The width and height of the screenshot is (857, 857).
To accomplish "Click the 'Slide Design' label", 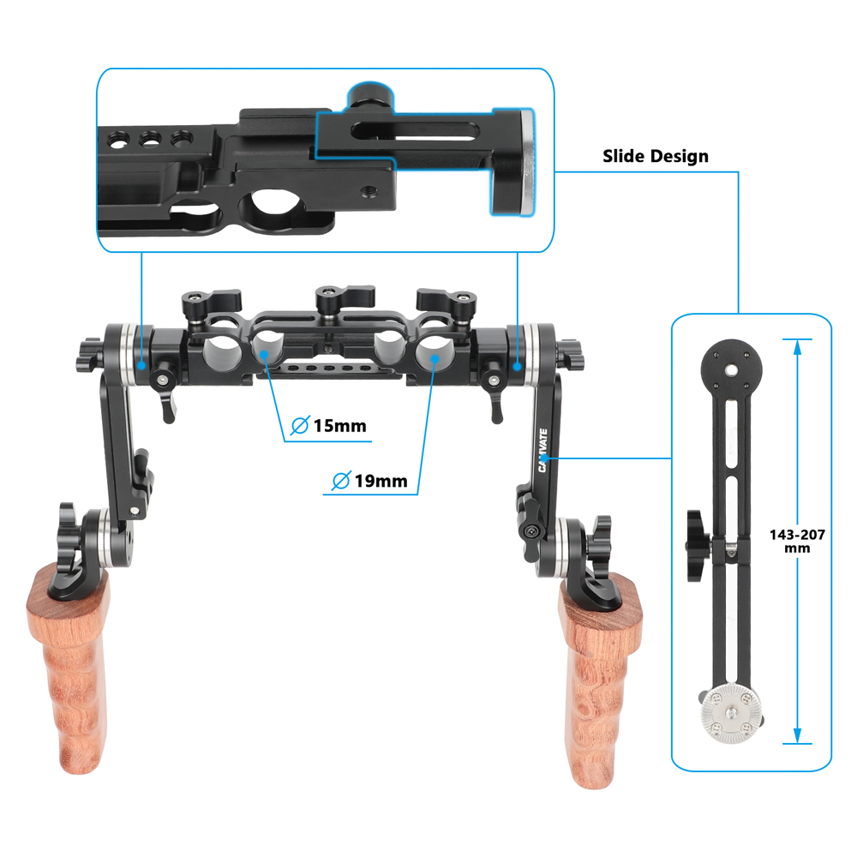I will (656, 156).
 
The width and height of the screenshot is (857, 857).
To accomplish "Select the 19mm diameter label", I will (380, 480).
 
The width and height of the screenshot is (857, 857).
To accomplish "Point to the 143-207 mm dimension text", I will (797, 541).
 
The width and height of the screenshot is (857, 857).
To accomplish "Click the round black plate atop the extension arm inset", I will (730, 369).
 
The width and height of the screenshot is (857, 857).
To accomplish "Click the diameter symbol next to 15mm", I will (300, 425).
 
